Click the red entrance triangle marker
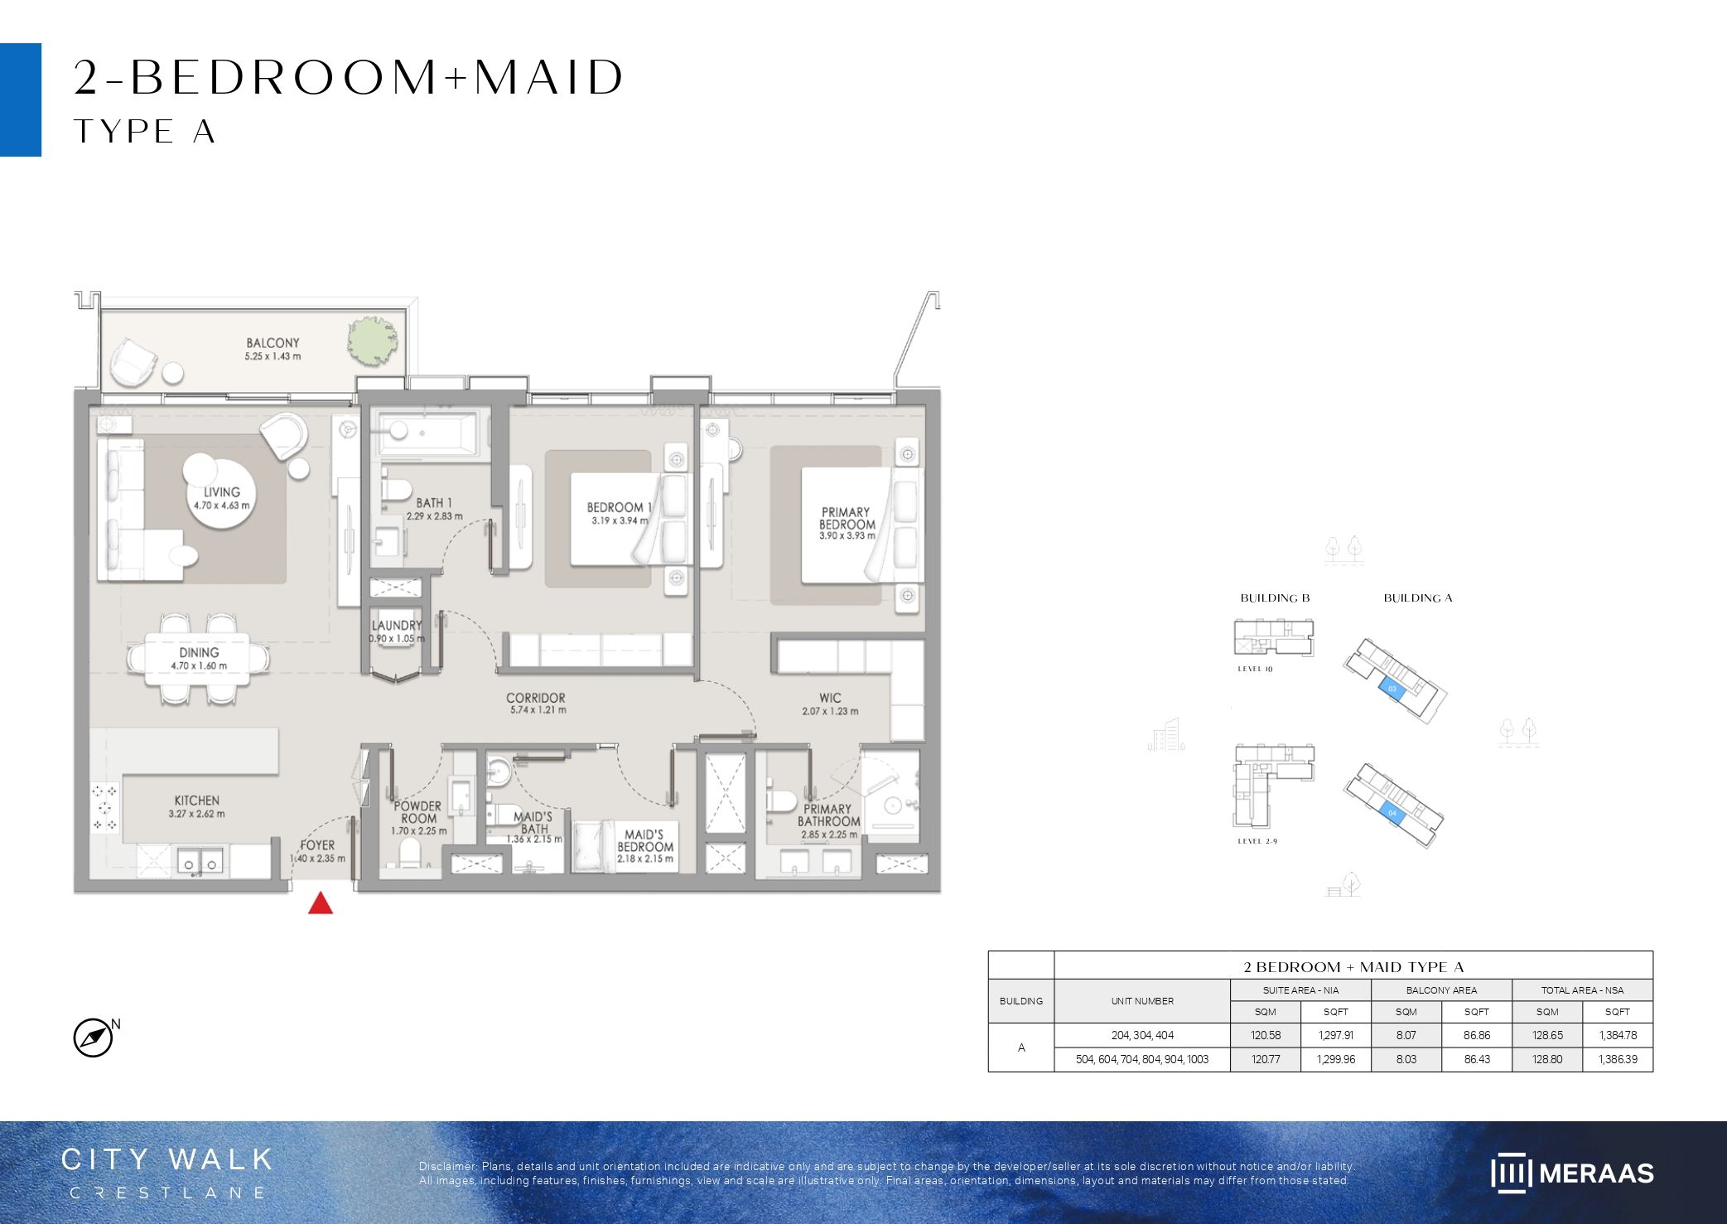click(x=321, y=903)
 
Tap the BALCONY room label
click(x=273, y=343)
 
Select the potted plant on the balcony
click(x=372, y=340)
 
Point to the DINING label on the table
click(x=199, y=653)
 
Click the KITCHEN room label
click(x=197, y=801)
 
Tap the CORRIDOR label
click(x=536, y=698)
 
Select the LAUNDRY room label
click(x=397, y=626)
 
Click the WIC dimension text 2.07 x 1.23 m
click(x=830, y=711)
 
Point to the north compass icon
click(x=94, y=1038)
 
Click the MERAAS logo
click(x=1572, y=1173)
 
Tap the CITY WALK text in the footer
click(x=167, y=1159)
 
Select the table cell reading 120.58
click(x=1266, y=1035)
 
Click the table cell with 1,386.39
click(x=1618, y=1059)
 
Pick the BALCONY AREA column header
click(x=1441, y=990)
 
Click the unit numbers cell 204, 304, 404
click(x=1142, y=1035)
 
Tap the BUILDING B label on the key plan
click(x=1275, y=598)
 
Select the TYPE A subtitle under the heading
click(x=145, y=132)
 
